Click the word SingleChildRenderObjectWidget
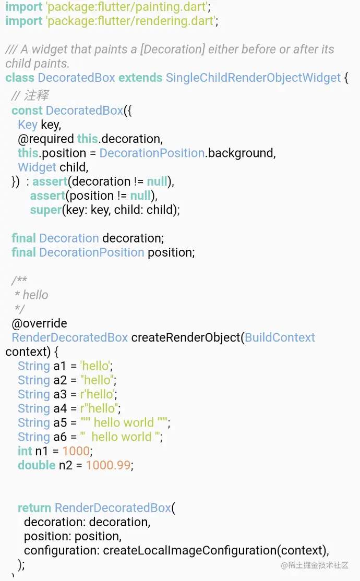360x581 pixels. (x=253, y=78)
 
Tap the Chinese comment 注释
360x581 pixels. (x=36, y=96)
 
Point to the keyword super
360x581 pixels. (x=45, y=210)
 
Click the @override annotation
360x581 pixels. (x=39, y=323)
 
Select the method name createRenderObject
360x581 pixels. (x=185, y=337)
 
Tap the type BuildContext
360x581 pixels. (x=280, y=337)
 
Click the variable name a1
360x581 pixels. (x=60, y=366)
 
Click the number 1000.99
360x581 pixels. (x=108, y=465)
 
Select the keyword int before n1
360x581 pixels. (x=25, y=451)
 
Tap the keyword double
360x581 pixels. (x=37, y=465)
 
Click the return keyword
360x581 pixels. (x=34, y=508)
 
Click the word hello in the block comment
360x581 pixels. (x=35, y=295)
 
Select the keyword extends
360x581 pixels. (x=140, y=78)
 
